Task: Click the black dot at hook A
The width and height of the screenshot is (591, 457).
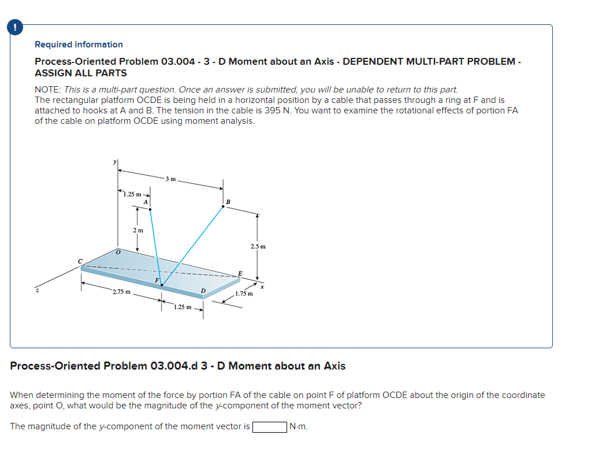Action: (x=150, y=209)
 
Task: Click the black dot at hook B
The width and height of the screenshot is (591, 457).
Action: (x=224, y=206)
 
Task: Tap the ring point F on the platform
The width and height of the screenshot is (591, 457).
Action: (x=162, y=285)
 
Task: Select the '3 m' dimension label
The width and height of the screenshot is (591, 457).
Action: (x=170, y=178)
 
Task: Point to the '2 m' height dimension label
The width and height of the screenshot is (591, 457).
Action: (x=137, y=230)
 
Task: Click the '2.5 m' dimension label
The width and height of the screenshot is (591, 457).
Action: (x=258, y=246)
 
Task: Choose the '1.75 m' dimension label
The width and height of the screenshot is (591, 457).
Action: (x=244, y=294)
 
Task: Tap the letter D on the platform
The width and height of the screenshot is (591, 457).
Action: (x=203, y=290)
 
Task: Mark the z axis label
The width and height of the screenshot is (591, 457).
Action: (x=38, y=291)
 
